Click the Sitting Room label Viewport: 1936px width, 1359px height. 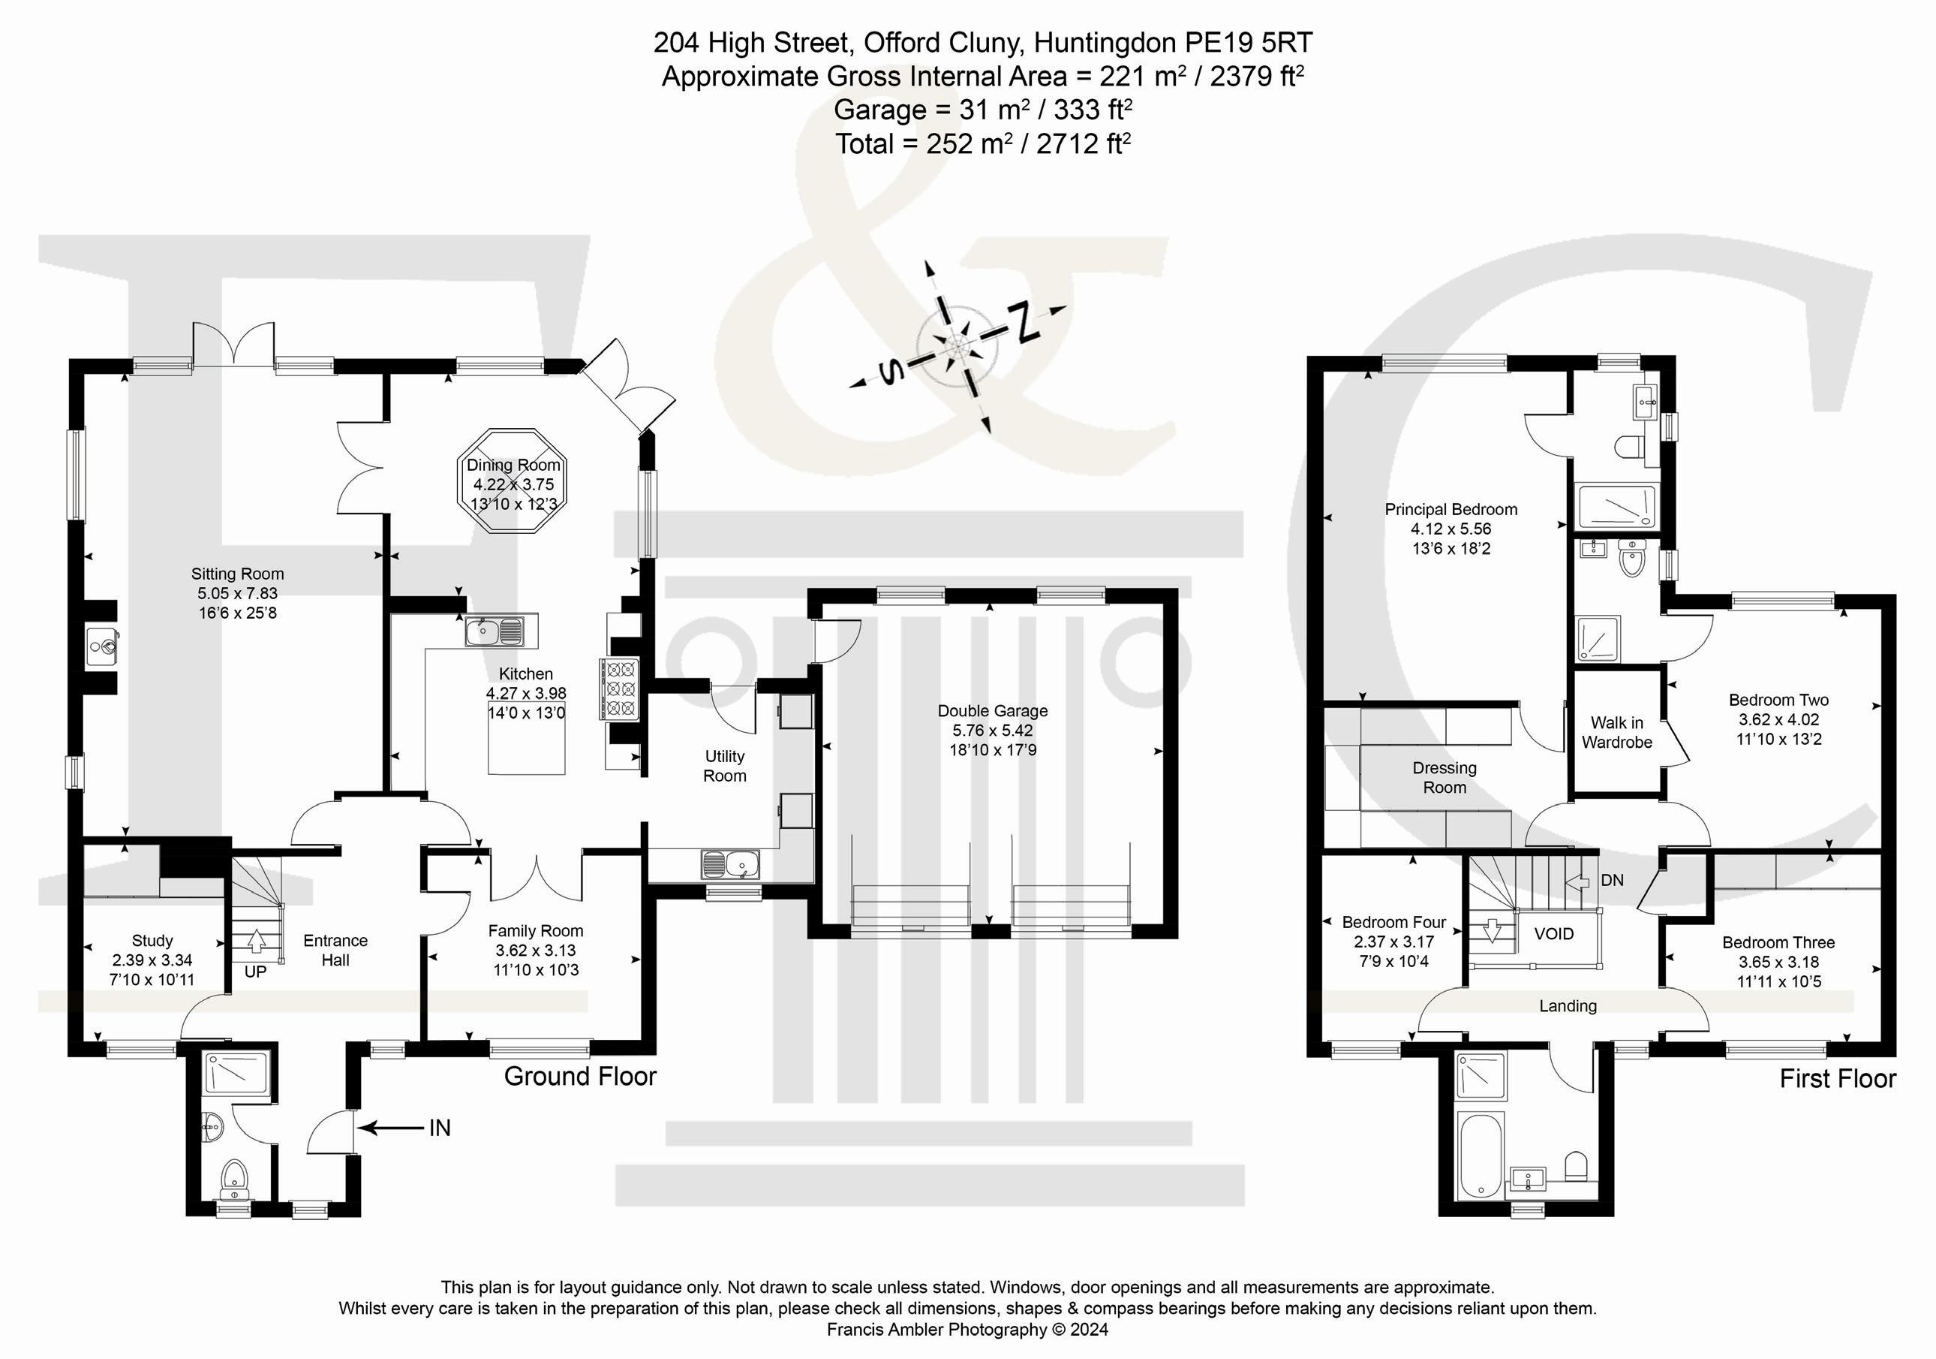[237, 574]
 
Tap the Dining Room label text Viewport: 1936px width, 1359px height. [513, 465]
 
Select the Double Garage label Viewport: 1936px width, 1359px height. [993, 711]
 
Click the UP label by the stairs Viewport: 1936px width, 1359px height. [255, 972]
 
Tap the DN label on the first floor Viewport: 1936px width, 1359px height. [1611, 881]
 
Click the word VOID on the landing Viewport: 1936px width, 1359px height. [1553, 934]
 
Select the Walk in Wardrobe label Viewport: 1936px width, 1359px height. [1616, 732]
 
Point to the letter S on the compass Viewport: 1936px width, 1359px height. [888, 371]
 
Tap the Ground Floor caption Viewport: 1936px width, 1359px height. [580, 1077]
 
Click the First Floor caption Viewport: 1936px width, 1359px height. [1838, 1079]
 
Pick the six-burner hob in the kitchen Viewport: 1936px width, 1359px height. [619, 689]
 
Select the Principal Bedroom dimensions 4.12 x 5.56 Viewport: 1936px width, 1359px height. [1451, 529]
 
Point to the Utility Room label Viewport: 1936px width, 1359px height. [724, 766]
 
